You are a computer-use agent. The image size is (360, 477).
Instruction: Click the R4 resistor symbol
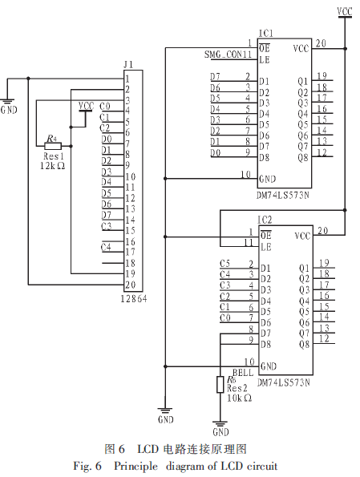point(54,147)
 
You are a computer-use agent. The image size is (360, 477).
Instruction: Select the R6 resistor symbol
point(220,385)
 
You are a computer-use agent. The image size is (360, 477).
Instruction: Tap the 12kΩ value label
point(52,166)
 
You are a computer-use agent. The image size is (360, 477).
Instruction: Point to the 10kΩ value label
point(239,398)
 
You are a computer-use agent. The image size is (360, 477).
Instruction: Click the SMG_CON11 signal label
point(228,55)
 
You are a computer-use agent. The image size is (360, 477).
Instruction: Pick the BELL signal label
point(243,373)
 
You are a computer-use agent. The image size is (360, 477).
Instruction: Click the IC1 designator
point(265,33)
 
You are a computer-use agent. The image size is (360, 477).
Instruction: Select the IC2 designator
point(265,220)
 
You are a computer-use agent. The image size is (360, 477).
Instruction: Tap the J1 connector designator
point(128,65)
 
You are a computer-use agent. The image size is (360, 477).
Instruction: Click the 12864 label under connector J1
point(134,299)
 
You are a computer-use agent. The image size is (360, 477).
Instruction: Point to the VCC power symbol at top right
point(345,13)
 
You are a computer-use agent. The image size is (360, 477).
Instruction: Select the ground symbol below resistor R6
point(220,424)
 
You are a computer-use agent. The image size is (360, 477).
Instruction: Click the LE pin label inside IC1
point(265,60)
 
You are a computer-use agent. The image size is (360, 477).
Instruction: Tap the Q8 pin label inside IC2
point(304,345)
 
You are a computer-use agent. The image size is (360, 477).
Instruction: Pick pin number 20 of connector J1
point(130,285)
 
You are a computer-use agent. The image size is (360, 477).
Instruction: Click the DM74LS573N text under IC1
point(283,195)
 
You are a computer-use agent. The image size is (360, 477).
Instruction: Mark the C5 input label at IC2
point(224,264)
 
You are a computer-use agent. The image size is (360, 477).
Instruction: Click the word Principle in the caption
point(136,467)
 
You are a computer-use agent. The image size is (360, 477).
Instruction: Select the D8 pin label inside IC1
point(264,158)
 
